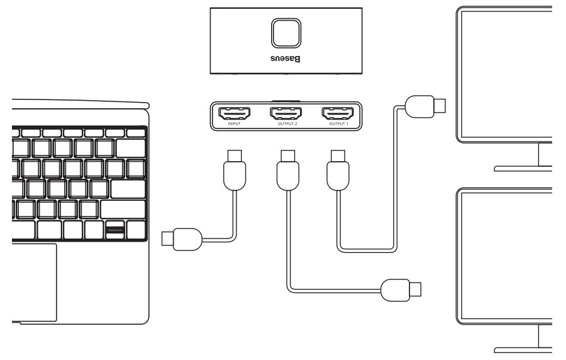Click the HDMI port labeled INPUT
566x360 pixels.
point(234,115)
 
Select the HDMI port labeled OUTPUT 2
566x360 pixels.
point(286,115)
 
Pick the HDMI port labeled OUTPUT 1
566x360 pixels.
point(337,115)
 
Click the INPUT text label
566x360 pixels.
point(234,125)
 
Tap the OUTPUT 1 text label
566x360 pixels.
point(337,125)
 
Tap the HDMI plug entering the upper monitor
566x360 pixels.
point(424,105)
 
